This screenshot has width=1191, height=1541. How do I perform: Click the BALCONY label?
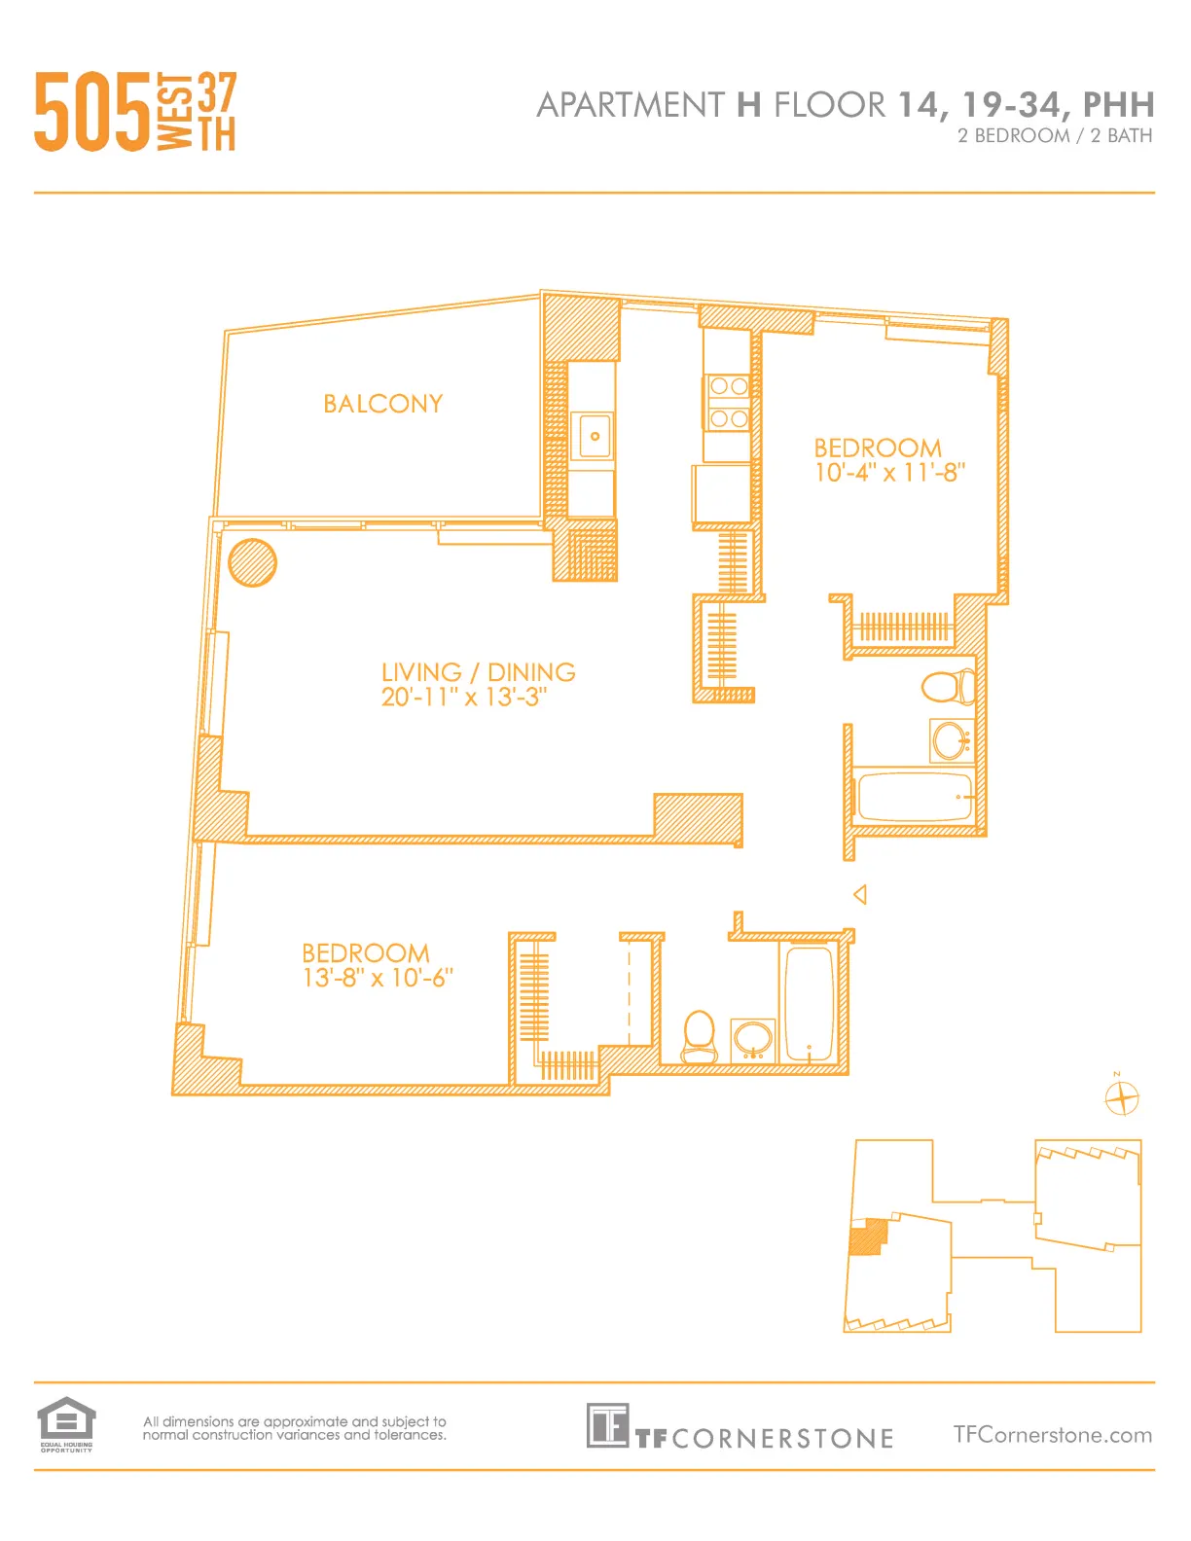(x=382, y=404)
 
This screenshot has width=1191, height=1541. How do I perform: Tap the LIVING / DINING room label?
(x=478, y=672)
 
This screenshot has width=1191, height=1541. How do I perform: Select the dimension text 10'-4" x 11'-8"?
(x=889, y=473)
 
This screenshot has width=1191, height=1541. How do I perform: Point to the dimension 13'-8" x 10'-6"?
(x=378, y=978)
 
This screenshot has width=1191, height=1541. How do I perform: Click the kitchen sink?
(x=595, y=436)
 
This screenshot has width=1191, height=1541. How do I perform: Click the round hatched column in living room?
(x=252, y=562)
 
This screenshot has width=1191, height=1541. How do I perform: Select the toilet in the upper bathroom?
(x=947, y=687)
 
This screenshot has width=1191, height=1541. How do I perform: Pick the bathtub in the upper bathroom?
(x=915, y=797)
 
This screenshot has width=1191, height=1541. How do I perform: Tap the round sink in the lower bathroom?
(x=753, y=1040)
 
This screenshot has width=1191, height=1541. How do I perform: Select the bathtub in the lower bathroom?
(x=809, y=1003)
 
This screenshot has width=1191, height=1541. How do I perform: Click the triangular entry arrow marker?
(x=860, y=894)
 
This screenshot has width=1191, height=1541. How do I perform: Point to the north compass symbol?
(x=1121, y=1098)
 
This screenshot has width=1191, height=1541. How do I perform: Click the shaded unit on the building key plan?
(x=868, y=1236)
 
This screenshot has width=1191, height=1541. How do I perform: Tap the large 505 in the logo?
(x=92, y=113)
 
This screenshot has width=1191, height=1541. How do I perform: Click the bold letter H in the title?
(x=748, y=105)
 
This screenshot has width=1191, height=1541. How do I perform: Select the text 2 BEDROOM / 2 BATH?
(x=1054, y=136)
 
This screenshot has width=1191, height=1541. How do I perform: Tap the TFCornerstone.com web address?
(x=1052, y=1435)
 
